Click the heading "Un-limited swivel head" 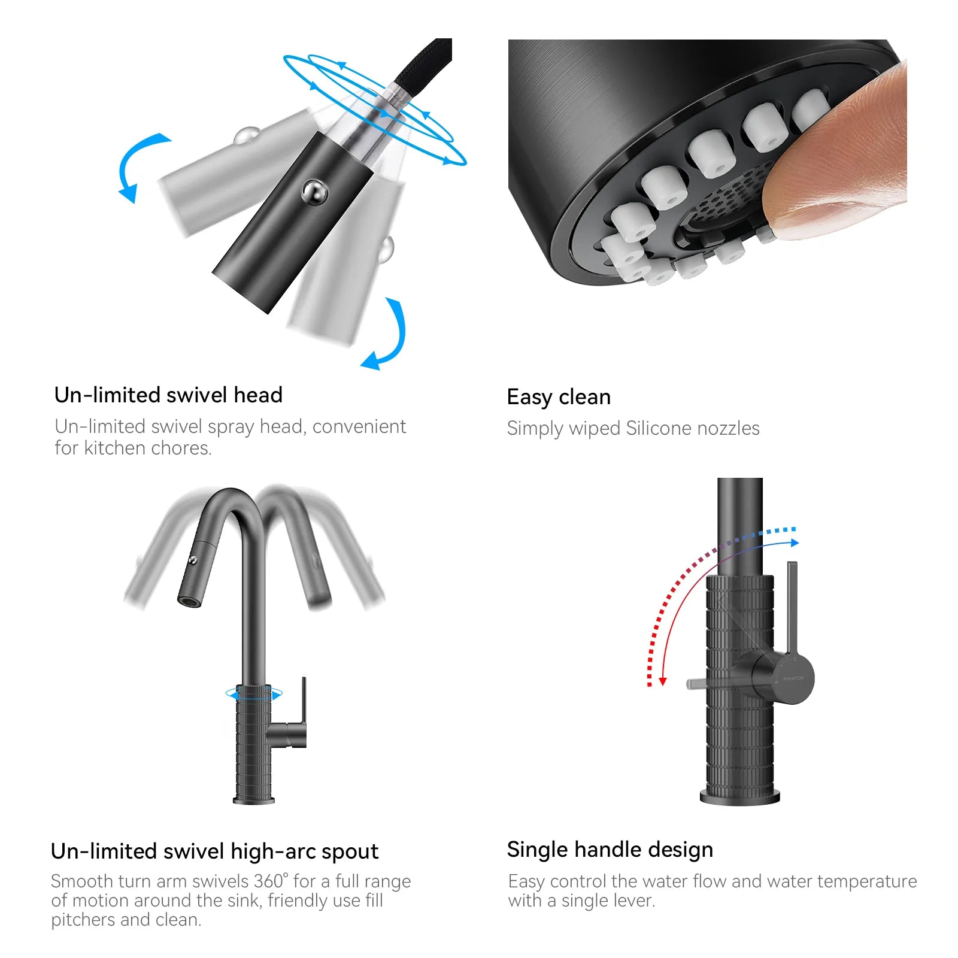tap(168, 395)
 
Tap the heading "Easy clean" tap(559, 397)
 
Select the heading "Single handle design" tap(610, 850)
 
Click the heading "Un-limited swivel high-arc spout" tap(214, 851)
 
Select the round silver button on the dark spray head tap(314, 192)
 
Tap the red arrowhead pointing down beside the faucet tap(663, 681)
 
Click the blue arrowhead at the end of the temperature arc tap(794, 542)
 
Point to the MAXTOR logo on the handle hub tap(793, 678)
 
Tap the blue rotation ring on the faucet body tap(254, 695)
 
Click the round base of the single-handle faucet tap(740, 796)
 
